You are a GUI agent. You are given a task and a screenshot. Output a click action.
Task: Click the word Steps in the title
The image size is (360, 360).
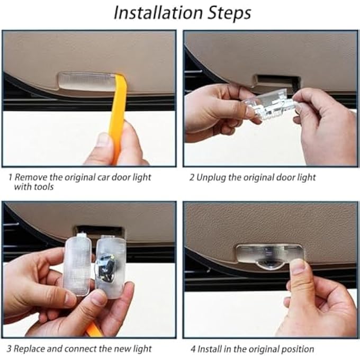(228, 13)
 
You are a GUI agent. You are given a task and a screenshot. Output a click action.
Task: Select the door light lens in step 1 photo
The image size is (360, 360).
(85, 82)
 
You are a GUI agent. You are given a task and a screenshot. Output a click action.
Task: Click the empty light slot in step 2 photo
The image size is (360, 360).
(276, 81)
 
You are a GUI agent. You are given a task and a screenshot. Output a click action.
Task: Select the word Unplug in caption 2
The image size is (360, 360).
(211, 177)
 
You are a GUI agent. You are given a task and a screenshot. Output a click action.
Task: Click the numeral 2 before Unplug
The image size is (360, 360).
(192, 177)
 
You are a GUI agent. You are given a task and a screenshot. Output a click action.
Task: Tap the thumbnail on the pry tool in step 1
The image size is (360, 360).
(103, 140)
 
